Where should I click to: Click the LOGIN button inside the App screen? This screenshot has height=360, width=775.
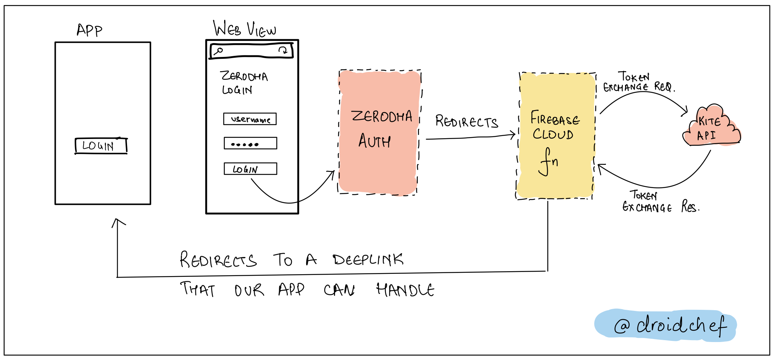click(x=101, y=146)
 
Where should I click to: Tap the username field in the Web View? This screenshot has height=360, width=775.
click(x=250, y=119)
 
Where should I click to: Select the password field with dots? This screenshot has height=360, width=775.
click(x=250, y=143)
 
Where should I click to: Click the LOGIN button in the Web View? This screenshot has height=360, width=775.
click(x=250, y=169)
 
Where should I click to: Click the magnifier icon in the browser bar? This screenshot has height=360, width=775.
click(x=218, y=51)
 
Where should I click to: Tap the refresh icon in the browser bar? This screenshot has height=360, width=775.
click(x=283, y=50)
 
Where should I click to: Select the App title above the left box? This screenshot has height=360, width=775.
click(x=89, y=30)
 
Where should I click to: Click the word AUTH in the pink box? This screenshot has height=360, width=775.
click(x=374, y=141)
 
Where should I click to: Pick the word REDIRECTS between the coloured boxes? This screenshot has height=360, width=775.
click(x=466, y=122)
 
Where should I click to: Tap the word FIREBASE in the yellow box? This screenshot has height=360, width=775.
click(x=555, y=119)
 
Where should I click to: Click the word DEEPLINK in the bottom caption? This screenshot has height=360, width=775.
click(x=368, y=259)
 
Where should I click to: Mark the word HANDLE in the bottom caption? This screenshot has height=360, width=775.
click(x=405, y=290)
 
